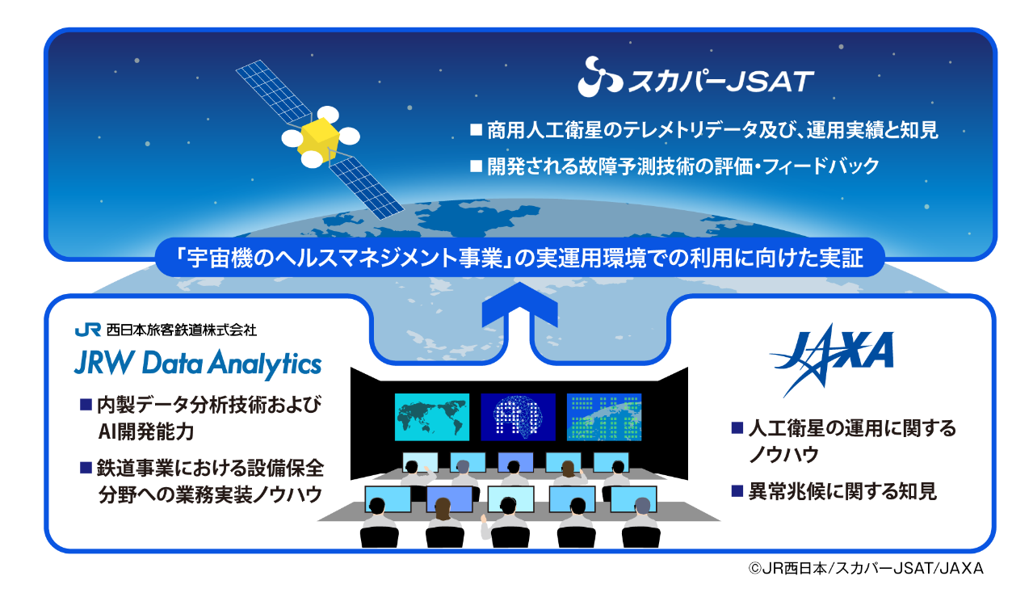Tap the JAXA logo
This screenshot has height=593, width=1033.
coord(831,360)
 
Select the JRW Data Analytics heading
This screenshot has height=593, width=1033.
coord(198,364)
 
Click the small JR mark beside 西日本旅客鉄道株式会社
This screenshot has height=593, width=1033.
coord(87,330)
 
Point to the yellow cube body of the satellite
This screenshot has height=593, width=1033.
coord(319,140)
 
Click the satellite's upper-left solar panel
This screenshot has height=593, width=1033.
coord(274,91)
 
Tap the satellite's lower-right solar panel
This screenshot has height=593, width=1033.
coord(366,187)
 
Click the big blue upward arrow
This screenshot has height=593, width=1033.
coord(519,307)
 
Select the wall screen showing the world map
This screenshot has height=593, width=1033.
coord(431,417)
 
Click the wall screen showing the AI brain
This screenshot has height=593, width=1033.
coord(518,417)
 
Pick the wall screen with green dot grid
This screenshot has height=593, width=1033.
coord(603,417)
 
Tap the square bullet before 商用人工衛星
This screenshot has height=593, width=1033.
coord(476,129)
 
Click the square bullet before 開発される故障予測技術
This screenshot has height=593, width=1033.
coord(476,166)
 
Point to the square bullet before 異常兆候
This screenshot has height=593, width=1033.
coord(737,490)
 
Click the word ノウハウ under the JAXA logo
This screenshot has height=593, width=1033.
coord(783,455)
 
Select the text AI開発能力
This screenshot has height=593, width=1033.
coord(145,432)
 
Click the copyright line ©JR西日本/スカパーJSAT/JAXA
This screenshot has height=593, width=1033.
coord(866,568)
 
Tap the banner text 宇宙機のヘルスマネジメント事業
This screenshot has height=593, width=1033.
coord(345,258)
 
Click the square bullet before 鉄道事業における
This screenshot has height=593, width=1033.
coord(86,468)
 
